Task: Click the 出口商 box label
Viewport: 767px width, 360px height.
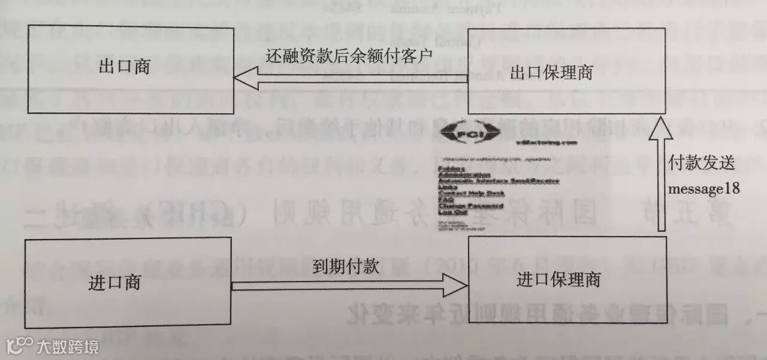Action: [x=124, y=66]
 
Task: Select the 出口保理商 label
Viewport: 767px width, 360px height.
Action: [x=551, y=73]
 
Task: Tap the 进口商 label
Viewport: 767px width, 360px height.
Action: [x=114, y=282]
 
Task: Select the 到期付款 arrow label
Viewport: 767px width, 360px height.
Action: [x=346, y=267]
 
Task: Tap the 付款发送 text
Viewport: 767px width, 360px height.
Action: [x=702, y=164]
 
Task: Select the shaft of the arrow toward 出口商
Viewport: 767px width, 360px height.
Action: [x=360, y=78]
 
